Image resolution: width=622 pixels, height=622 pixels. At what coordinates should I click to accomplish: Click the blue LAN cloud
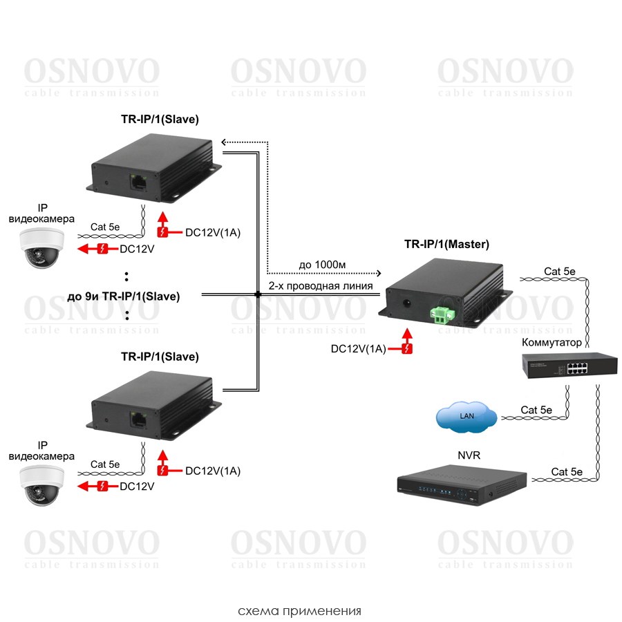[466, 416]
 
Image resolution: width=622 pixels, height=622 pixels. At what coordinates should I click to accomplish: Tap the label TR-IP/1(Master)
[446, 244]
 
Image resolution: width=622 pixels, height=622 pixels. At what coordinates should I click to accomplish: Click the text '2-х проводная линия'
[321, 285]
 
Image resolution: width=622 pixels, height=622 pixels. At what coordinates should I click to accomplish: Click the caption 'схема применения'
[299, 612]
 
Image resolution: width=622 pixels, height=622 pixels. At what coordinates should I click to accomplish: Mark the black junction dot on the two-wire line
[258, 295]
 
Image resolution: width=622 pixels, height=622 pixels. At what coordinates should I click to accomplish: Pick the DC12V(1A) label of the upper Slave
[213, 233]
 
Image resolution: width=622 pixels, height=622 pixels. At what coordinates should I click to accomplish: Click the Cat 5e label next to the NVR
[567, 472]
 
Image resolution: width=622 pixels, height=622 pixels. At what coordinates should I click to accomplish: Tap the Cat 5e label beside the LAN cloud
[536, 410]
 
